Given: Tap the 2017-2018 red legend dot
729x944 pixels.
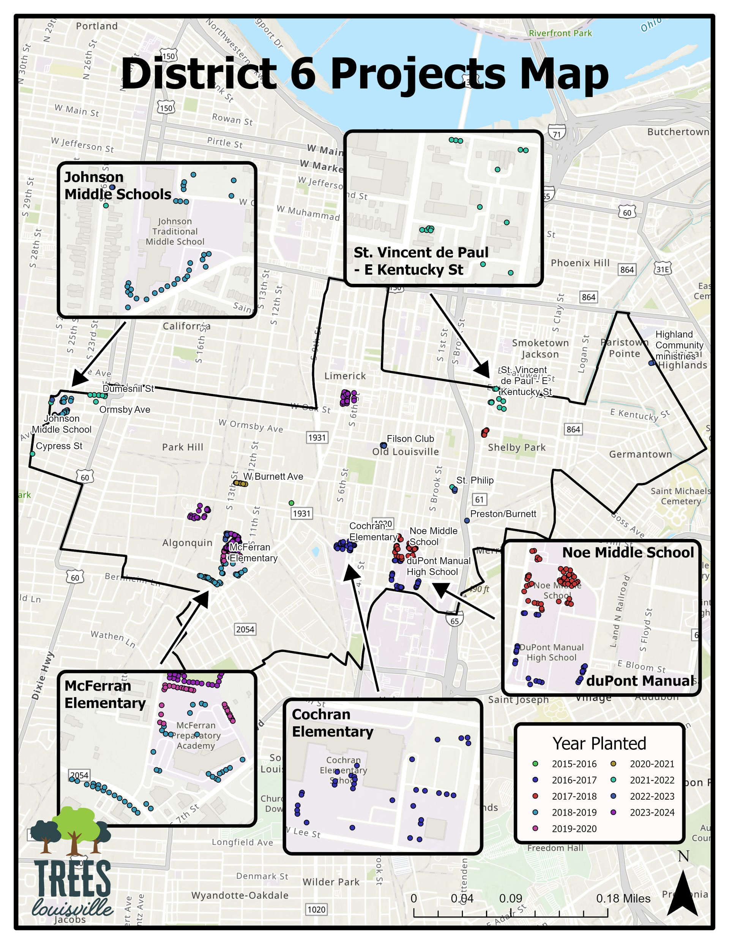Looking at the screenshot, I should (x=535, y=796).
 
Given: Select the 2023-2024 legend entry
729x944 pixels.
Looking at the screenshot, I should (x=652, y=813).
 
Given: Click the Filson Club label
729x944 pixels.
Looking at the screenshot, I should (x=410, y=439).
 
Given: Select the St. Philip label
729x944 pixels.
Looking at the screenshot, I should (x=475, y=480).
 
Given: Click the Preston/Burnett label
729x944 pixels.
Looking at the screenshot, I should (x=503, y=514).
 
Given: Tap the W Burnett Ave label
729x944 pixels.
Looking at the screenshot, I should (x=273, y=476).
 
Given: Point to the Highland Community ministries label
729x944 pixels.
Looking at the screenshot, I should (x=679, y=345).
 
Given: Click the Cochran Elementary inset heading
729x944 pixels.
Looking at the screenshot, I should (x=332, y=723).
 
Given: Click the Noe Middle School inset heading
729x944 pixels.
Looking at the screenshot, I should (x=628, y=552).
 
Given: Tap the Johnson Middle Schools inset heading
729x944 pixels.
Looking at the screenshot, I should (x=118, y=185).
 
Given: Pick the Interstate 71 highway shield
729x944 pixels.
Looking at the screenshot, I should (x=557, y=134).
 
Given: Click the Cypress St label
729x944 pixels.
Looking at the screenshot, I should (x=59, y=446).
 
